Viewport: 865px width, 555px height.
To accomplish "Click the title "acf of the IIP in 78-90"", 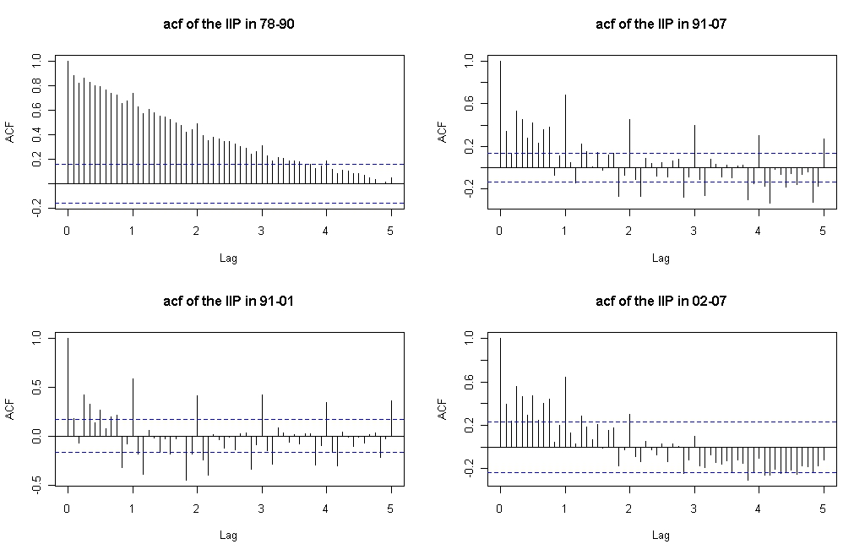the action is point(228,24).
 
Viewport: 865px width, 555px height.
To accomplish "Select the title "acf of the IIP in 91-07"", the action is point(661,24).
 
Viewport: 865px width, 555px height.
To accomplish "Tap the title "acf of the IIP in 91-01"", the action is point(228,301).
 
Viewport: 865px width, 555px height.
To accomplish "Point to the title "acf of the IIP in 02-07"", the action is point(661,301).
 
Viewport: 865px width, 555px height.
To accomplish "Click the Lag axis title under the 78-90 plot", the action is point(228,258).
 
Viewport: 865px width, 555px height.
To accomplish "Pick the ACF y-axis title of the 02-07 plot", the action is point(442,410).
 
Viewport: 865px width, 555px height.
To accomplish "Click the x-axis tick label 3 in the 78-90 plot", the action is point(262,231).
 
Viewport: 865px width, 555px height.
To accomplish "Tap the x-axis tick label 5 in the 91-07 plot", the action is point(823,231).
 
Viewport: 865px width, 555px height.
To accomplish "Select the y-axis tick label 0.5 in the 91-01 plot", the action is point(36,388).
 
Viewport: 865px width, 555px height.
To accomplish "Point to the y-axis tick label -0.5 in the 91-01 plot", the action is point(36,484).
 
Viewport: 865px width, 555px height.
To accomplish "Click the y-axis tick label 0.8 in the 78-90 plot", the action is point(36,86).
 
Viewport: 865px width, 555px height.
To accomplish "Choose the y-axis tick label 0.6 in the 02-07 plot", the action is point(469,382).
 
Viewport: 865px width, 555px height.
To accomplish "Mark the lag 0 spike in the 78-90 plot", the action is point(68,122).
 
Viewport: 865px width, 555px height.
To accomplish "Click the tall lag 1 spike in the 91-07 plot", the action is point(565,131).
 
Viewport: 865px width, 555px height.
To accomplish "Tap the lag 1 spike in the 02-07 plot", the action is point(565,411).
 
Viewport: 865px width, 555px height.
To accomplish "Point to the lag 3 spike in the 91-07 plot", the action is point(694,146).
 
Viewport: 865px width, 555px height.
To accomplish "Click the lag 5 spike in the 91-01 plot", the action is point(392,418).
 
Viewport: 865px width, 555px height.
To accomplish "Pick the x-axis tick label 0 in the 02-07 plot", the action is point(500,508).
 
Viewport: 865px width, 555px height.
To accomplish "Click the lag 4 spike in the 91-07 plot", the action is point(759,151).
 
